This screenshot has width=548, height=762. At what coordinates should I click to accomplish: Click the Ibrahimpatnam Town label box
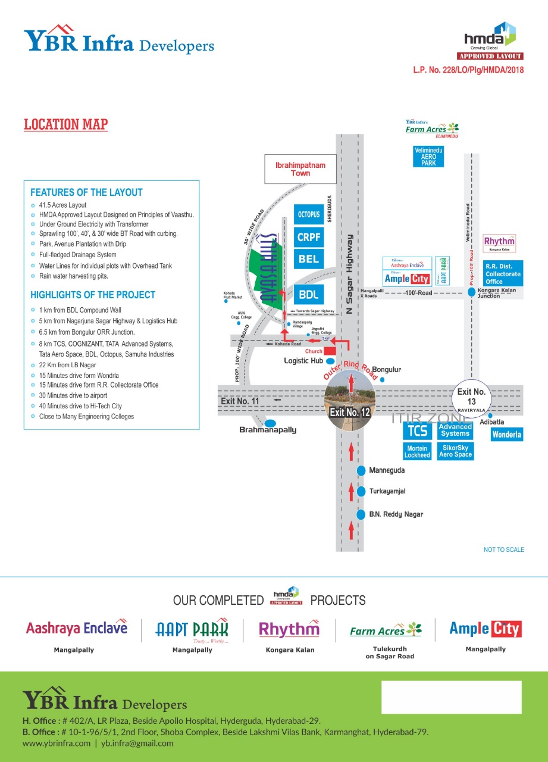coord(300,169)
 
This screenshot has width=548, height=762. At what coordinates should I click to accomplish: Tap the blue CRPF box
coord(309,236)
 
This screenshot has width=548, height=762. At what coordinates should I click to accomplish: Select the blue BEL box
coord(309,258)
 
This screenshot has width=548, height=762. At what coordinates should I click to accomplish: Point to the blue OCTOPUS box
coord(309,214)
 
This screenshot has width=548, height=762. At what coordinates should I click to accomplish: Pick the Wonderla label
coord(506,435)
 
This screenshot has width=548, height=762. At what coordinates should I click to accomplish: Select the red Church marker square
coord(330,351)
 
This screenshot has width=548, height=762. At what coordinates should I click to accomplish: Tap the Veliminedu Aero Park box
coord(428,157)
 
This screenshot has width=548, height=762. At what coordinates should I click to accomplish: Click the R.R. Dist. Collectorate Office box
coord(503,274)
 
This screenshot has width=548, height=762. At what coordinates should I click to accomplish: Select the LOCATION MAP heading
coord(66,124)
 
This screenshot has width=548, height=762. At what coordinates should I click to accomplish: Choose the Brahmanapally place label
coord(268,429)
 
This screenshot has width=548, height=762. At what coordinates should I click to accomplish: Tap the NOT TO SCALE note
coord(504,549)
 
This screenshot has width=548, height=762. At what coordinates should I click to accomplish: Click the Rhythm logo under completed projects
coord(289,629)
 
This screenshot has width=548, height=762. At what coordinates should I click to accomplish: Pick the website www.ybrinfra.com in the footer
coord(57,743)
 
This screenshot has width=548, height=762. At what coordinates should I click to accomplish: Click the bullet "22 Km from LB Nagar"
coord(68,365)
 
